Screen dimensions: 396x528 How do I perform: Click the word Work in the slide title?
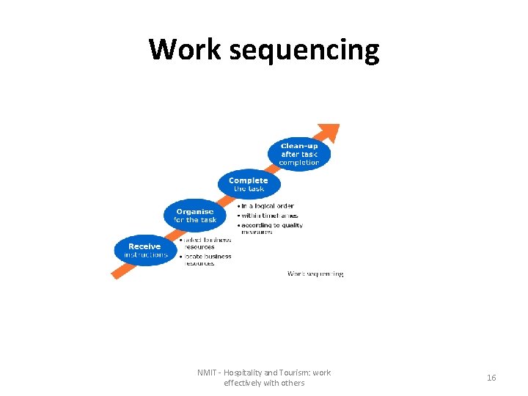[x=185, y=50]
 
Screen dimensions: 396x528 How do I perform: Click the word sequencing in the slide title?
[x=304, y=50]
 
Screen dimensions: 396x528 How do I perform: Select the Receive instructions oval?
[x=144, y=251]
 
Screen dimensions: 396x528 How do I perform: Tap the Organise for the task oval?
[x=195, y=216]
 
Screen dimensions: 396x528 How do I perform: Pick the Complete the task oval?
[x=249, y=184]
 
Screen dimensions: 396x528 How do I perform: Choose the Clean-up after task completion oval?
[x=299, y=154]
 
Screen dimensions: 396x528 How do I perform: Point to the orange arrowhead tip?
[x=337, y=126]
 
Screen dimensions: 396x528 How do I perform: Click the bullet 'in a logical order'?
[x=267, y=206]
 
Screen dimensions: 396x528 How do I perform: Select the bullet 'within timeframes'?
[x=269, y=216]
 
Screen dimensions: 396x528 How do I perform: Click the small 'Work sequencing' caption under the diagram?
[x=315, y=274]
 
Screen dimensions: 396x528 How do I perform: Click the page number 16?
[x=491, y=378]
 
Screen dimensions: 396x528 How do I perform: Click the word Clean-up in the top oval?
[x=299, y=146]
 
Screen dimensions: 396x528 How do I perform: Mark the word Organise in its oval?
[x=195, y=211]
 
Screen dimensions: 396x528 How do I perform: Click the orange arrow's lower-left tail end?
[x=114, y=275]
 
